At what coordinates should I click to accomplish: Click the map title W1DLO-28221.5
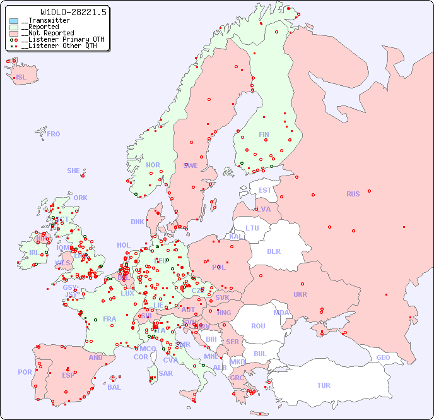click(74, 12)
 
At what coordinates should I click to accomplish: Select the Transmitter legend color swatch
click(14, 21)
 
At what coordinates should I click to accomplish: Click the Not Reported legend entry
click(47, 33)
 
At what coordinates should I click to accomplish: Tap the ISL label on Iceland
click(21, 78)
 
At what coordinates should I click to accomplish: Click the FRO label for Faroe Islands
click(54, 134)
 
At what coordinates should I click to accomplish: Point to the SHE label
click(74, 171)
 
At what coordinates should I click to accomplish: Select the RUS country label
click(353, 194)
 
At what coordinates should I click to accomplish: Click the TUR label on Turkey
click(324, 385)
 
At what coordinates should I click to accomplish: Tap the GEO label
click(383, 357)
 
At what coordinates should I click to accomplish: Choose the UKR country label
click(300, 294)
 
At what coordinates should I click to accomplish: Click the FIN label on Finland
click(264, 135)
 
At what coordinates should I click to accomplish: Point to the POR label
click(25, 372)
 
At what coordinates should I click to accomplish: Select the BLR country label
click(273, 251)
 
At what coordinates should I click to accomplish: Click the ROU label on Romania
click(258, 326)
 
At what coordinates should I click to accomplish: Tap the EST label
click(265, 190)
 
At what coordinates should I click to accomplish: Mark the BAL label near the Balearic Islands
click(114, 387)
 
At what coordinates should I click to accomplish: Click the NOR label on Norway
click(153, 165)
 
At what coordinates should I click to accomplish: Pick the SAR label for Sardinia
click(165, 373)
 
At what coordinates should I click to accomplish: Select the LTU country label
click(252, 228)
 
